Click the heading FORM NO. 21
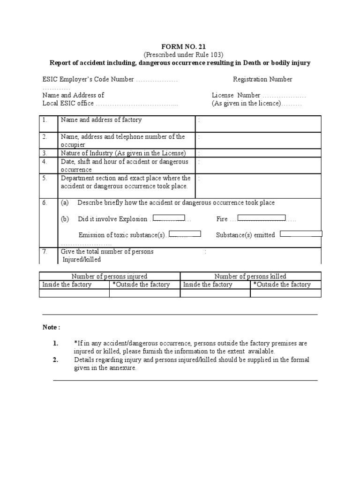tap(180, 47)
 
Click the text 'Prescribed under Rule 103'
tap(180, 55)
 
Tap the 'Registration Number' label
tap(262, 79)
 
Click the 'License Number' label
tap(236, 95)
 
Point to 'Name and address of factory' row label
tap(101, 120)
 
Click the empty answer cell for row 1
tap(258, 124)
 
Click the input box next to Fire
tap(262, 217)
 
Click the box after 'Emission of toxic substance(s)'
tap(185, 233)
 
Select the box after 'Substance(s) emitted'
tap(301, 233)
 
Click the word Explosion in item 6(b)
tap(133, 219)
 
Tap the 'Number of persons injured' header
tap(109, 276)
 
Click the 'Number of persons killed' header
tap(250, 276)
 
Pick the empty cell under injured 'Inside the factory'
tap(74, 293)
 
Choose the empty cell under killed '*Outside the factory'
tap(285, 293)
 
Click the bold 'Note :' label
tap(51, 327)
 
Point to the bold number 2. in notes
tap(55, 360)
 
